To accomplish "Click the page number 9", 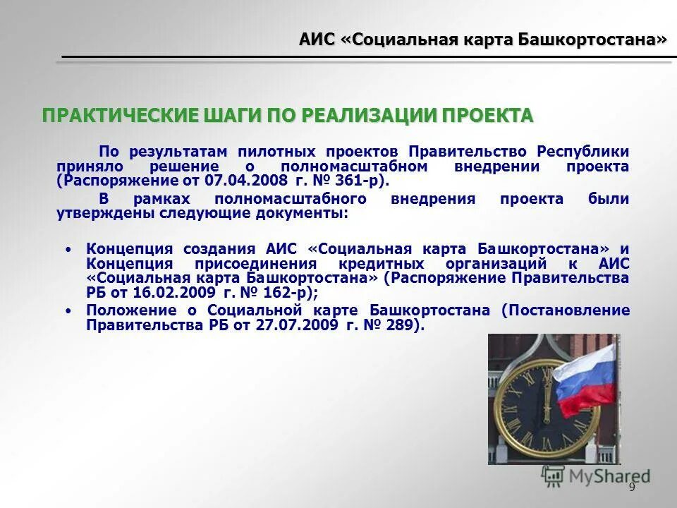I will (x=631, y=488).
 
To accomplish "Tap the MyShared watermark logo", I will (x=596, y=476).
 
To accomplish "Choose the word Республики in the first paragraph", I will (x=583, y=152).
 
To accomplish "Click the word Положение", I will (x=125, y=310).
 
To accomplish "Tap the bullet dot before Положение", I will (x=68, y=311).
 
